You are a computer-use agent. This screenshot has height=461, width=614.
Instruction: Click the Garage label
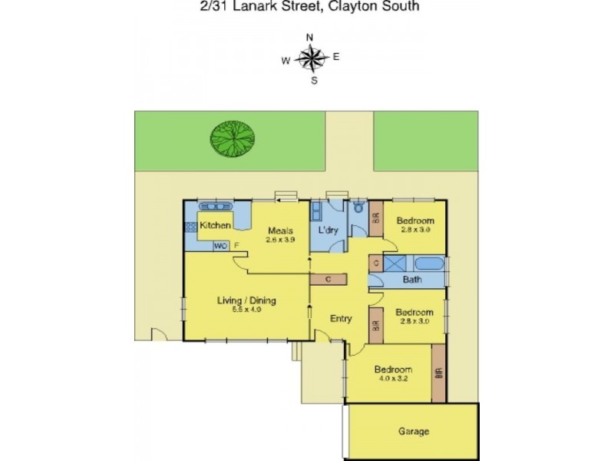point(413,432)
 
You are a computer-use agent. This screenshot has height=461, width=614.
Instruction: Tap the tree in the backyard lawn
point(232,138)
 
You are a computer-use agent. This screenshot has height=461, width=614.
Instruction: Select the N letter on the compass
point(310,37)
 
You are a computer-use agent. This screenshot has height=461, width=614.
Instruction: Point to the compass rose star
point(311,58)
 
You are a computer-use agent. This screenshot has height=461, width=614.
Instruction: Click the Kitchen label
point(216,225)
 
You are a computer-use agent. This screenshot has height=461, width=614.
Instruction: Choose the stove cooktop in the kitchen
point(190,227)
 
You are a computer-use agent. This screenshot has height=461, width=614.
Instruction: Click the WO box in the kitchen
point(220,246)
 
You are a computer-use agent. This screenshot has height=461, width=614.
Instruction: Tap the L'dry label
point(328,230)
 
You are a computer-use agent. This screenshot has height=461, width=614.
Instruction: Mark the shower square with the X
point(393,264)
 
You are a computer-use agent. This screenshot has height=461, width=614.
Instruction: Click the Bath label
point(412,280)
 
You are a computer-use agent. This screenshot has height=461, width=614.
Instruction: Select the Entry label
point(341,318)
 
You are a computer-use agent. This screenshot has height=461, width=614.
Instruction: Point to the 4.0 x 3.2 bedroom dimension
point(393,379)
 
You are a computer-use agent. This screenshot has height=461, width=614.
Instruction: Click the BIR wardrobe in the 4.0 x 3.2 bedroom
point(438,373)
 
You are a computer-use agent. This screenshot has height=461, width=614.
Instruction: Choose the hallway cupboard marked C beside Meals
point(328,279)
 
